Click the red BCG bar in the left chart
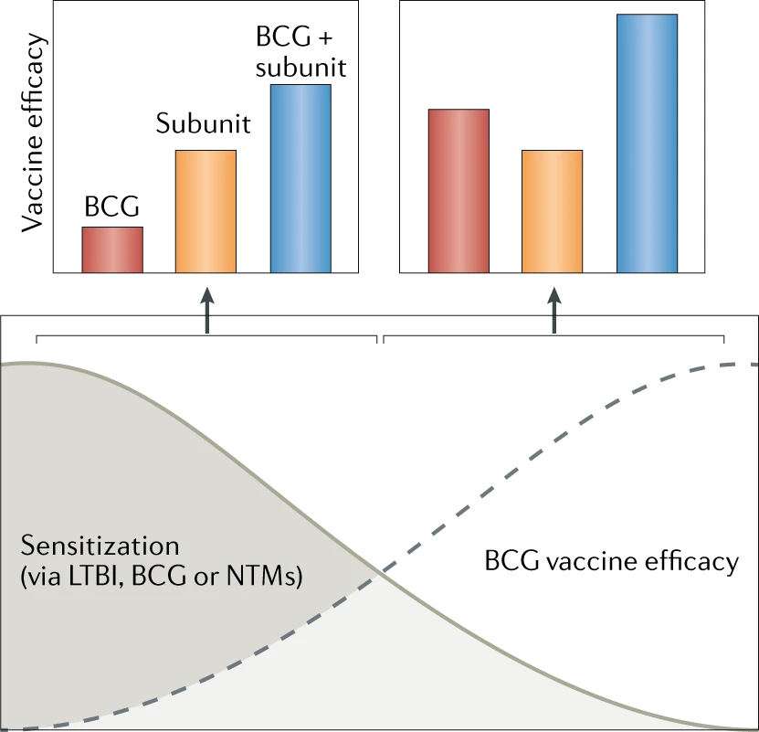click(112, 249)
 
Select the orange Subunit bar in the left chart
click(206, 211)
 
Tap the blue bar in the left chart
click(300, 179)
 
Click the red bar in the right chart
click(459, 191)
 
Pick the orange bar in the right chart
click(552, 211)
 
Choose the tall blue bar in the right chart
click(647, 143)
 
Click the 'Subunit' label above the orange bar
click(202, 124)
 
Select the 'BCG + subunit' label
click(300, 53)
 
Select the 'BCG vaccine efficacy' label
click(611, 561)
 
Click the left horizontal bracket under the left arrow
click(206, 337)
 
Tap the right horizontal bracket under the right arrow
click(553, 337)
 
